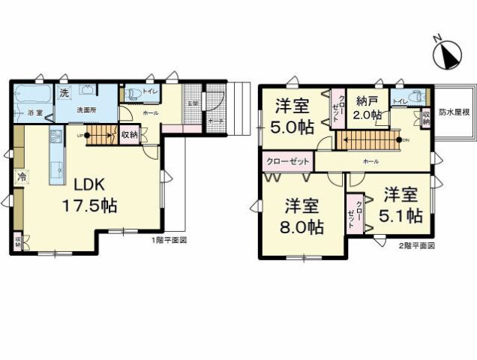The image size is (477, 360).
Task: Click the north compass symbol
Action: click(448, 52)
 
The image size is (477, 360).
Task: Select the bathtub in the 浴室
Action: click(33, 96)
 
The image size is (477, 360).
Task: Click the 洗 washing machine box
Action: click(64, 92)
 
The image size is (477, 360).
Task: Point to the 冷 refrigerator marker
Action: click(23, 178)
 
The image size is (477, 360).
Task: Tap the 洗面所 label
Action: click(88, 110)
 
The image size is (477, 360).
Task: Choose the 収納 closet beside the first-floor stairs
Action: click(129, 135)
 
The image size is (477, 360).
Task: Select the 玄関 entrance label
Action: click(192, 103)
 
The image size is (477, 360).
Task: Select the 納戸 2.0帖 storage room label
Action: click(367, 107)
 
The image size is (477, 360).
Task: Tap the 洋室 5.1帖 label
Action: click(402, 205)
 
